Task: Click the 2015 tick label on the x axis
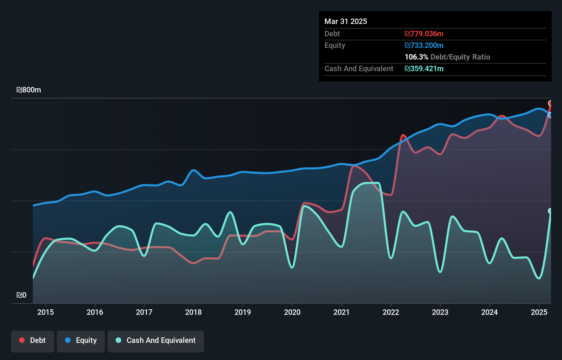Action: tap(46, 312)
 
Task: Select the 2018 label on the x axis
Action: tap(193, 312)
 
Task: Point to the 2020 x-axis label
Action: tap(292, 312)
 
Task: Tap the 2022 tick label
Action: tap(391, 312)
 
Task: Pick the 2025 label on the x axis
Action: tap(539, 312)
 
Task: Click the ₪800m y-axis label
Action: tap(29, 90)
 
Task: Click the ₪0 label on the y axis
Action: tap(21, 295)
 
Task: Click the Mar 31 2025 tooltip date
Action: tap(346, 22)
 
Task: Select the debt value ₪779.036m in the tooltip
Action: tap(424, 34)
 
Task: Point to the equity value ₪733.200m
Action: tap(424, 46)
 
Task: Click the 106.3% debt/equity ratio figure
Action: tap(416, 57)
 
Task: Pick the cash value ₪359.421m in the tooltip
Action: tap(424, 69)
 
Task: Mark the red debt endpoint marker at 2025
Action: tap(550, 103)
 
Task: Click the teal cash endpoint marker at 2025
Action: tap(550, 211)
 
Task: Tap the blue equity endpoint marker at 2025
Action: tap(550, 115)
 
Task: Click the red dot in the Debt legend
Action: tap(22, 340)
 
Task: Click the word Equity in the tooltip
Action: tap(335, 46)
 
